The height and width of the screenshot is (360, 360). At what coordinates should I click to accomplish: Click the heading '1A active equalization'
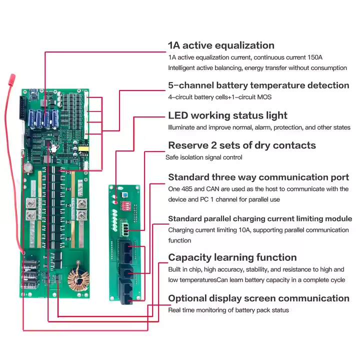(221, 45)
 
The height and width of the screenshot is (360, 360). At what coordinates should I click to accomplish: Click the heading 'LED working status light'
(227, 115)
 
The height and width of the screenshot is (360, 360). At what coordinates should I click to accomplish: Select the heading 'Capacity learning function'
(232, 257)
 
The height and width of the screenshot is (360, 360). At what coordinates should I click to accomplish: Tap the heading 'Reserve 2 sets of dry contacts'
(242, 145)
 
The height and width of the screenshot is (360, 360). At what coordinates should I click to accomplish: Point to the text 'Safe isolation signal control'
(204, 157)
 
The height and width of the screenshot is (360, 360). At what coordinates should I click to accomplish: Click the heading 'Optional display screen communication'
(258, 298)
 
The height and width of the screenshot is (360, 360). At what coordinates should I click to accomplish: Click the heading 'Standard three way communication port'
(258, 177)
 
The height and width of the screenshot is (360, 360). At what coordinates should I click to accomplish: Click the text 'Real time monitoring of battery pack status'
(228, 310)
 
